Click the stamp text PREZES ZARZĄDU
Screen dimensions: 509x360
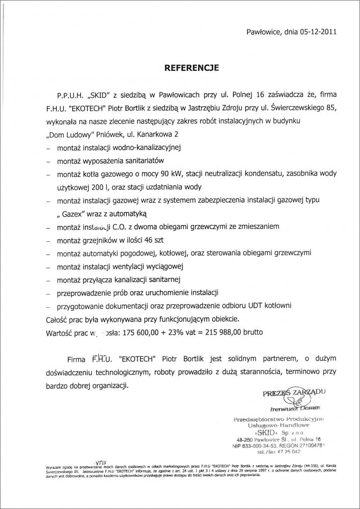[x=294, y=392]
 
